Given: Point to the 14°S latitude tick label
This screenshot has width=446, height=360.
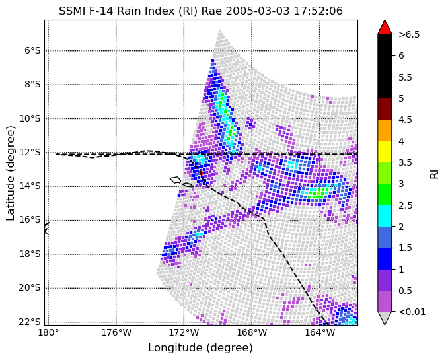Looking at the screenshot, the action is pyautogui.click(x=30, y=186).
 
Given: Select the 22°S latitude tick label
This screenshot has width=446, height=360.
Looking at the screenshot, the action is pyautogui.click(x=30, y=322).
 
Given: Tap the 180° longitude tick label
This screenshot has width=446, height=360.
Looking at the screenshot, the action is pyautogui.click(x=48, y=332).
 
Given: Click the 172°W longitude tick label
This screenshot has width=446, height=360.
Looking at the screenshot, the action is pyautogui.click(x=184, y=332).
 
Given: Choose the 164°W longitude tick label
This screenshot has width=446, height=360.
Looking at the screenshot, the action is pyautogui.click(x=320, y=332).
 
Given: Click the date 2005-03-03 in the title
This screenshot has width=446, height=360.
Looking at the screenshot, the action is pyautogui.click(x=258, y=11).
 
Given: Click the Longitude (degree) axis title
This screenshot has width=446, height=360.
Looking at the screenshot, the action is pyautogui.click(x=200, y=347).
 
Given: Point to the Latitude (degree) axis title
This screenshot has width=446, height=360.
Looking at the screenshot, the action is pyautogui.click(x=10, y=173).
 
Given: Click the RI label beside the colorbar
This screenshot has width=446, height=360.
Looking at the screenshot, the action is pyautogui.click(x=434, y=174).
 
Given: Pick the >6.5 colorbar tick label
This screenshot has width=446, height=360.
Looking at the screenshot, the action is pyautogui.click(x=409, y=34).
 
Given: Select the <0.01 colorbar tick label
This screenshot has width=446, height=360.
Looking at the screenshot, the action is pyautogui.click(x=412, y=312).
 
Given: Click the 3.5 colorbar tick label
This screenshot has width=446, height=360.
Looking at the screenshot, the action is pyautogui.click(x=406, y=162).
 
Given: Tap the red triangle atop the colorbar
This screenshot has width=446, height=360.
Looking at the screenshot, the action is pyautogui.click(x=385, y=27).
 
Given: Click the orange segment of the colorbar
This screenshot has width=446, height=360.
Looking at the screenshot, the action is pyautogui.click(x=385, y=131).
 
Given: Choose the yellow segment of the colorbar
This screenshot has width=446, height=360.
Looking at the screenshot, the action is pyautogui.click(x=385, y=152).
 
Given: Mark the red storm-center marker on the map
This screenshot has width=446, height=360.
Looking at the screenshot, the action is pyautogui.click(x=201, y=172).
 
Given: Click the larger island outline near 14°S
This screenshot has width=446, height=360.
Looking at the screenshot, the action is pyautogui.click(x=175, y=180).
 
